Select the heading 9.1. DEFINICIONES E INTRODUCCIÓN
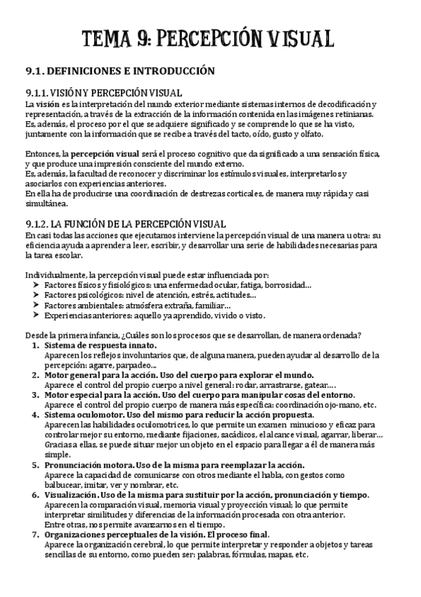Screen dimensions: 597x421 tap(119, 70)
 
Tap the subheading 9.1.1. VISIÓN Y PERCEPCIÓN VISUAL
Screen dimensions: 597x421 tap(103, 93)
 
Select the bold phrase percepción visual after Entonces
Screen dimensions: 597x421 tap(100, 153)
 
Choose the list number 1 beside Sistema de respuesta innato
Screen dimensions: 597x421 tap(36, 346)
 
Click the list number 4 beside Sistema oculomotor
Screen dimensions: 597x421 tap(36, 415)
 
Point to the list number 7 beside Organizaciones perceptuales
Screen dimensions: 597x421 tap(36, 534)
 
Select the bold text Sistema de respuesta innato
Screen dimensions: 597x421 tap(100, 346)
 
